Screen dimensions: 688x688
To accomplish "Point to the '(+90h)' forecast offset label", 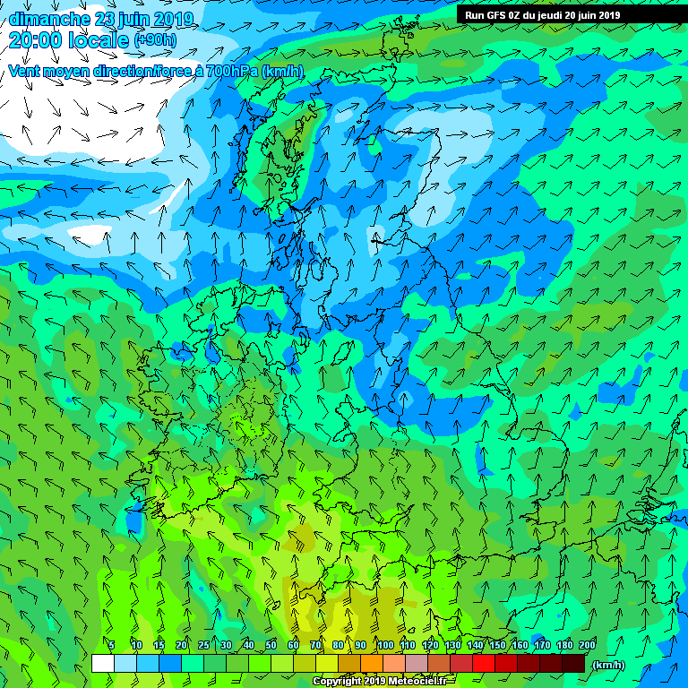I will click(x=155, y=40).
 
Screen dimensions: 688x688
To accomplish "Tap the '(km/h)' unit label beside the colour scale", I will click(x=609, y=666).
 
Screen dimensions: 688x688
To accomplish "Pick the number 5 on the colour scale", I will click(x=111, y=645).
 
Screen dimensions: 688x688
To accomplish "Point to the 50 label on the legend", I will click(x=270, y=645).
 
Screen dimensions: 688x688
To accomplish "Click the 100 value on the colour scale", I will click(x=384, y=645).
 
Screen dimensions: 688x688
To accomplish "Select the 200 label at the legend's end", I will click(x=587, y=645).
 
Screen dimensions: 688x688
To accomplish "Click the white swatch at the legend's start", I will click(x=103, y=664).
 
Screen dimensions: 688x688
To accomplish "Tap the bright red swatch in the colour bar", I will click(x=483, y=664).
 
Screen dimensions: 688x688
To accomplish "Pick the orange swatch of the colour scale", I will click(x=371, y=664).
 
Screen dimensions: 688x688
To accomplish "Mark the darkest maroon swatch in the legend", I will click(x=573, y=664).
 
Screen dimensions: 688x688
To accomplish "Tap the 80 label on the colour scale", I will click(x=338, y=645).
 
